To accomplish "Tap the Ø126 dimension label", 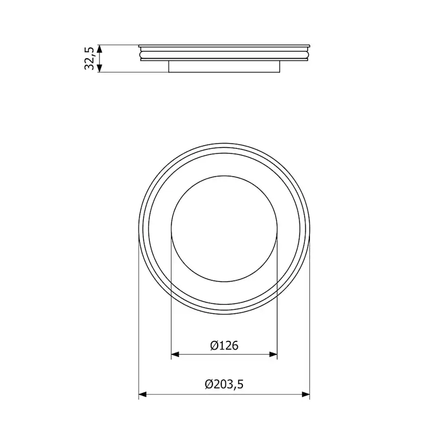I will (224, 345).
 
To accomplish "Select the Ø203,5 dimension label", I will (224, 385).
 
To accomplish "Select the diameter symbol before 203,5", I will (209, 385).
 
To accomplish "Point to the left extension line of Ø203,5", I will (139, 320).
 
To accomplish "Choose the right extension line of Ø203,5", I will (310, 320).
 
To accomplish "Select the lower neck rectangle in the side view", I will (224, 67).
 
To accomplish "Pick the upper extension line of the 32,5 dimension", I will (119, 44).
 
